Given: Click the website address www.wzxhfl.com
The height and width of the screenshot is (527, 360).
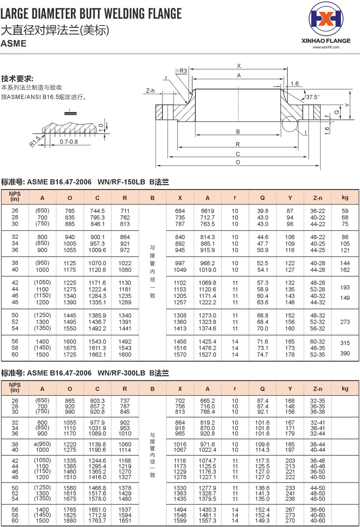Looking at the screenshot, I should pyautogui.click(x=326, y=47).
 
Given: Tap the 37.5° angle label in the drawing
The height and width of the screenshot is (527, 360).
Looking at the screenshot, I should pyautogui.click(x=312, y=97).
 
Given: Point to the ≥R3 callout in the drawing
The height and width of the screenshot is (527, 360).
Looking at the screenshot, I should pyautogui.click(x=181, y=71).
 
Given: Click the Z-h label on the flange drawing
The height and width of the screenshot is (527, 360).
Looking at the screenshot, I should pyautogui.click(x=150, y=91).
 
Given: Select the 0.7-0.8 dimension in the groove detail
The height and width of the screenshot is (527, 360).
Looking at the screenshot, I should pyautogui.click(x=69, y=142).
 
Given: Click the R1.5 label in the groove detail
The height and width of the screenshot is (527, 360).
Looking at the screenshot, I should pyautogui.click(x=35, y=141).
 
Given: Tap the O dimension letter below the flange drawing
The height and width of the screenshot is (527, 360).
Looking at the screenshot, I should pyautogui.click(x=238, y=163).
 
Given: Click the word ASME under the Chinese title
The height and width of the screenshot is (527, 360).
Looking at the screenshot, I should pyautogui.click(x=14, y=44).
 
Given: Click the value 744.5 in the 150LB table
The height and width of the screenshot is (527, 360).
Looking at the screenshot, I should pyautogui.click(x=97, y=211).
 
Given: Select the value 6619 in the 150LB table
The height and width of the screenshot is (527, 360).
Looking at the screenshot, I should pyautogui.click(x=207, y=211).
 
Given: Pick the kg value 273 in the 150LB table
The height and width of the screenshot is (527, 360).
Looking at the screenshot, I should pyautogui.click(x=345, y=322).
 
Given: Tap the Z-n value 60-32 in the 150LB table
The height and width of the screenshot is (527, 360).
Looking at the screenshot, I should pyautogui.click(x=318, y=342).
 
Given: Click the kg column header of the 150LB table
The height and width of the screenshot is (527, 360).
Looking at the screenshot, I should pyautogui.click(x=345, y=197).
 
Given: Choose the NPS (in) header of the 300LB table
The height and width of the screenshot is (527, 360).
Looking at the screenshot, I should pyautogui.click(x=15, y=387).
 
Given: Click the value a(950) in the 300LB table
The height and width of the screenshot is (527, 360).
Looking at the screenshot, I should pyautogui.click(x=42, y=444).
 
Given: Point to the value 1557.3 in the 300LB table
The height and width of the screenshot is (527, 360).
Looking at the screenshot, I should pyautogui.click(x=207, y=521).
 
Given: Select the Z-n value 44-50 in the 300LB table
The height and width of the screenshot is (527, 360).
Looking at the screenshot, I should pyautogui.click(x=318, y=488).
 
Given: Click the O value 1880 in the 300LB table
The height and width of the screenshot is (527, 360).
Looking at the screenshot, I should pyautogui.click(x=70, y=521).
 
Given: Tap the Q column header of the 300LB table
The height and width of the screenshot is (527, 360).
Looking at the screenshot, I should pyautogui.click(x=262, y=389).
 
